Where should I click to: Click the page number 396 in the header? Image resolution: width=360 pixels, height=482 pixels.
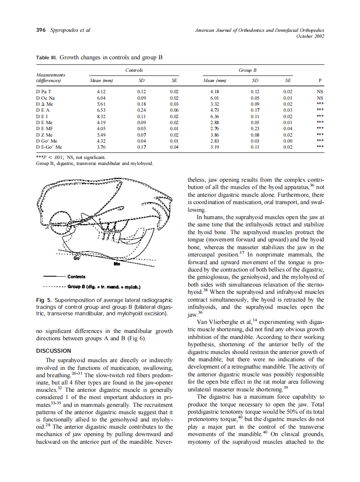coord(40,30)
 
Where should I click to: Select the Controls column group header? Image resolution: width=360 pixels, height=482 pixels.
coord(134,70)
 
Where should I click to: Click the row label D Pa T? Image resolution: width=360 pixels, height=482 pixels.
coord(44,92)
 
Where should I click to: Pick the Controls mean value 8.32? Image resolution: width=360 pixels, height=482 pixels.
coord(101,116)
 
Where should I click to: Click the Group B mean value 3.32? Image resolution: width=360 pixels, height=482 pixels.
coord(215,104)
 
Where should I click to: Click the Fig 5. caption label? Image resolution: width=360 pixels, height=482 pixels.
coord(44,300)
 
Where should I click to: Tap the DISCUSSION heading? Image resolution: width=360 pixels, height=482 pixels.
coord(54,351)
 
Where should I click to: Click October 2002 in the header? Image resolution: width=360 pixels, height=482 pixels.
coord(310,36)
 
